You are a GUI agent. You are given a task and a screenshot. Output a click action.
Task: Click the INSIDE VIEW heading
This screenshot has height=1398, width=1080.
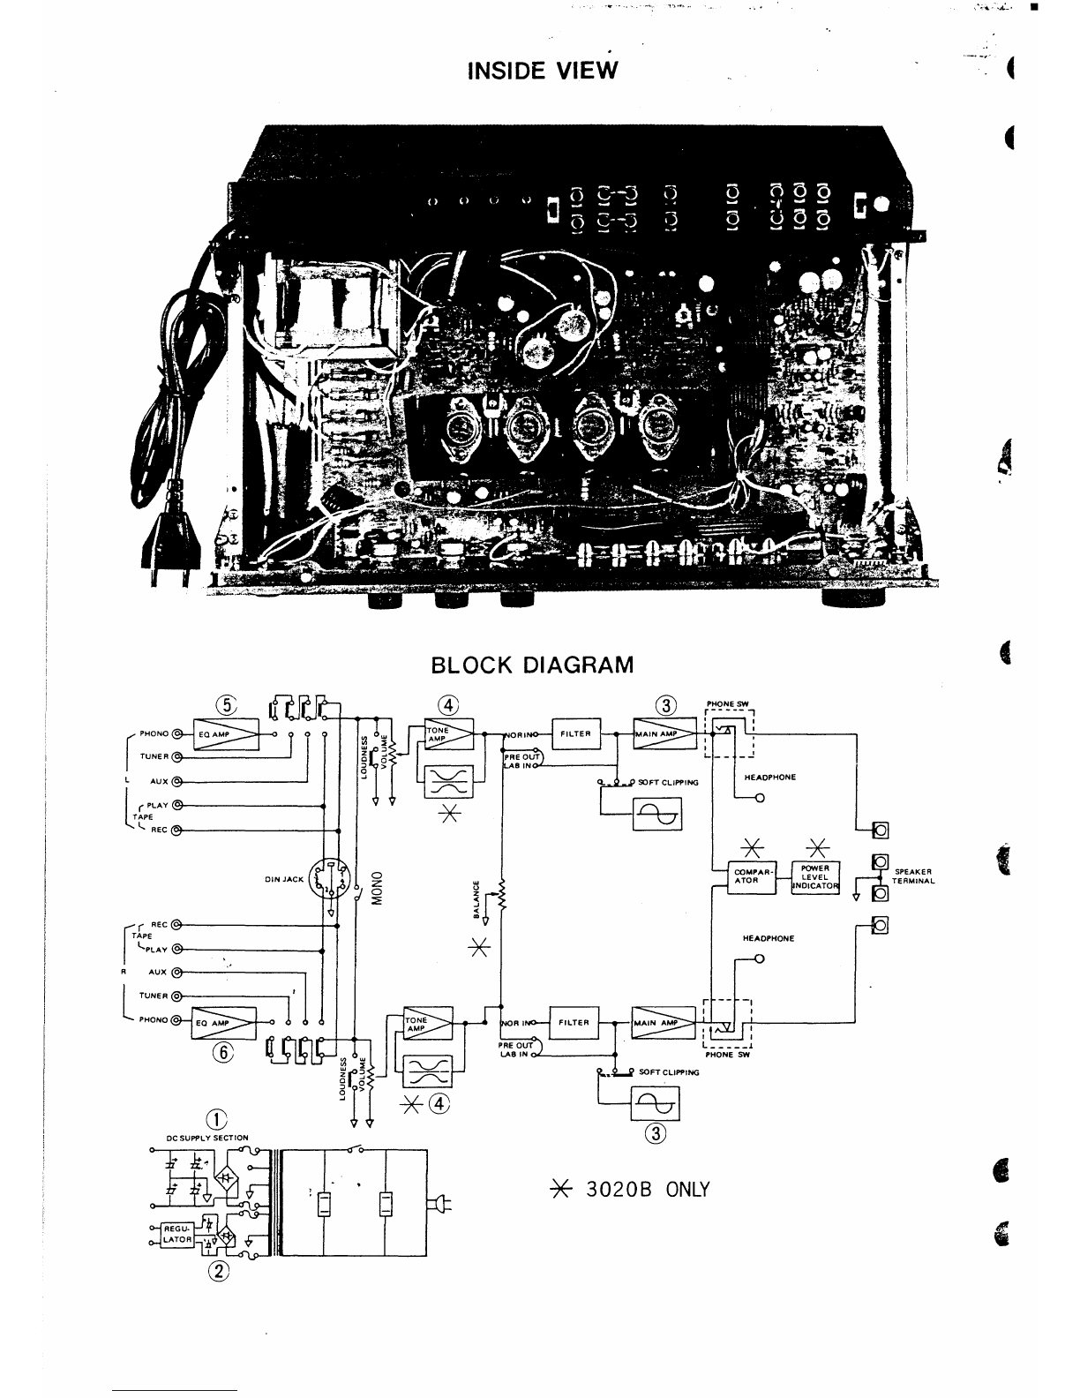pyautogui.click(x=543, y=70)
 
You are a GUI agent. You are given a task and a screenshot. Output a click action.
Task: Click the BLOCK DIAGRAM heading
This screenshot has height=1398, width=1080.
pyautogui.click(x=532, y=665)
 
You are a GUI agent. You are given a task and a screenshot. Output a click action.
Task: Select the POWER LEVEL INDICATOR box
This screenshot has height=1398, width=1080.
pyautogui.click(x=815, y=877)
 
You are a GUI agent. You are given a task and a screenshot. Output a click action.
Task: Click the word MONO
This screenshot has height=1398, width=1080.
pyautogui.click(x=375, y=896)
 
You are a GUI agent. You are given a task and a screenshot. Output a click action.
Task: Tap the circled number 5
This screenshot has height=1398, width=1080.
pyautogui.click(x=227, y=705)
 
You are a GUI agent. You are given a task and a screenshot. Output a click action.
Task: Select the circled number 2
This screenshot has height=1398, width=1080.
pyautogui.click(x=215, y=1271)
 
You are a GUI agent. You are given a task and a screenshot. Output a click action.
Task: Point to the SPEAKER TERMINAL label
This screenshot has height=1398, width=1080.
pyautogui.click(x=914, y=876)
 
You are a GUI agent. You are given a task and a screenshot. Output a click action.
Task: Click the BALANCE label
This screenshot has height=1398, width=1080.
pyautogui.click(x=476, y=898)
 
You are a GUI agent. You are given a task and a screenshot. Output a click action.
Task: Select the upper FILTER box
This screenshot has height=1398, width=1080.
pyautogui.click(x=574, y=733)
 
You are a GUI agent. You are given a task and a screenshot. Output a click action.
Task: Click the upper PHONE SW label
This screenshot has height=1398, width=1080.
pyautogui.click(x=727, y=703)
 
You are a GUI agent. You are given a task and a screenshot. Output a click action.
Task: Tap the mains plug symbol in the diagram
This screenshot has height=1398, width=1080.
pyautogui.click(x=439, y=1203)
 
